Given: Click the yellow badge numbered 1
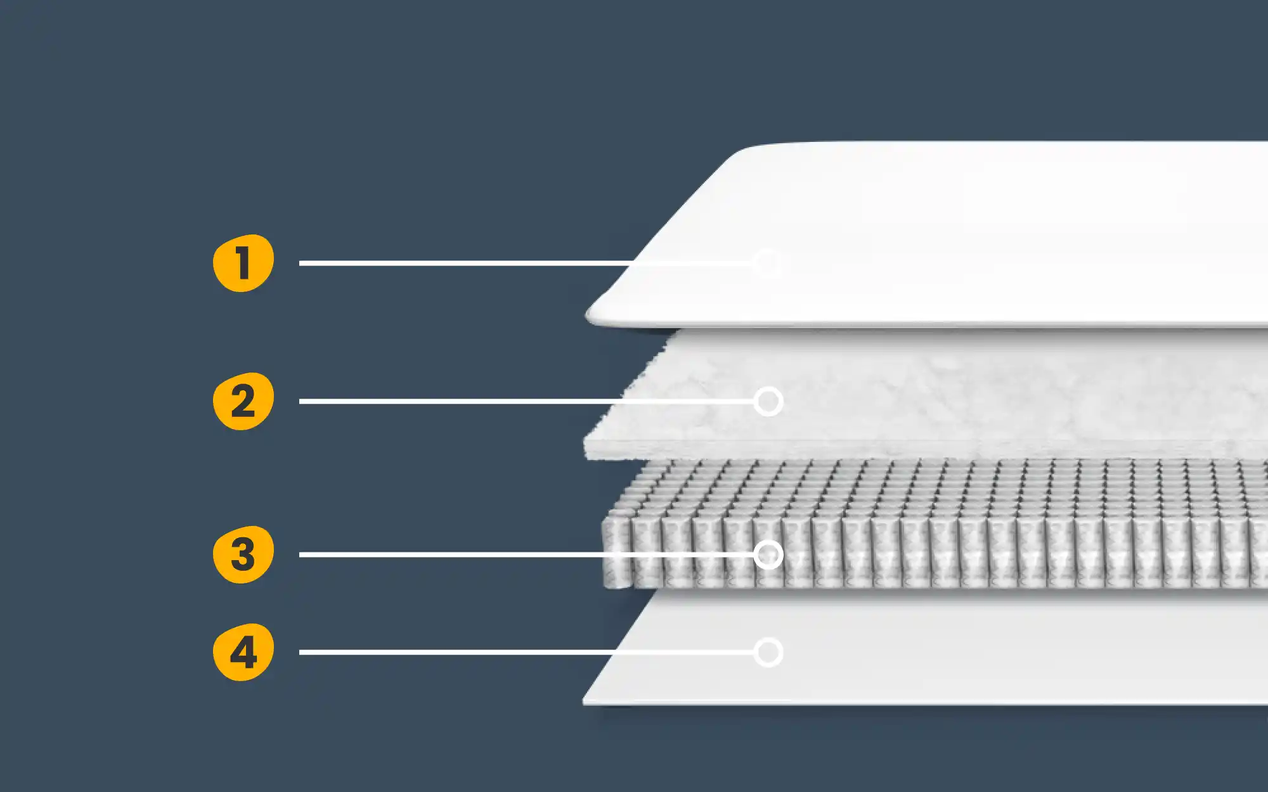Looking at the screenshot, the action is [243, 263].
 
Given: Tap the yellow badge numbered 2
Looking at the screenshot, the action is [243, 401].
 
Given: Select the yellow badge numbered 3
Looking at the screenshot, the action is [243, 554].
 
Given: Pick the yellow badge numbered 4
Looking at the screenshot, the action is [243, 652].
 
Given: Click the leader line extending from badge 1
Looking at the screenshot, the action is [527, 263].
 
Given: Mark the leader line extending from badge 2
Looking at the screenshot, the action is [527, 401].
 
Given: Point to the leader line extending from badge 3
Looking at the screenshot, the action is [527, 554].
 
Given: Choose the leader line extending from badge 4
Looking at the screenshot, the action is [527, 652].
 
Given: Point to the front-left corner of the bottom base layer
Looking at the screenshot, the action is [585, 702].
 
